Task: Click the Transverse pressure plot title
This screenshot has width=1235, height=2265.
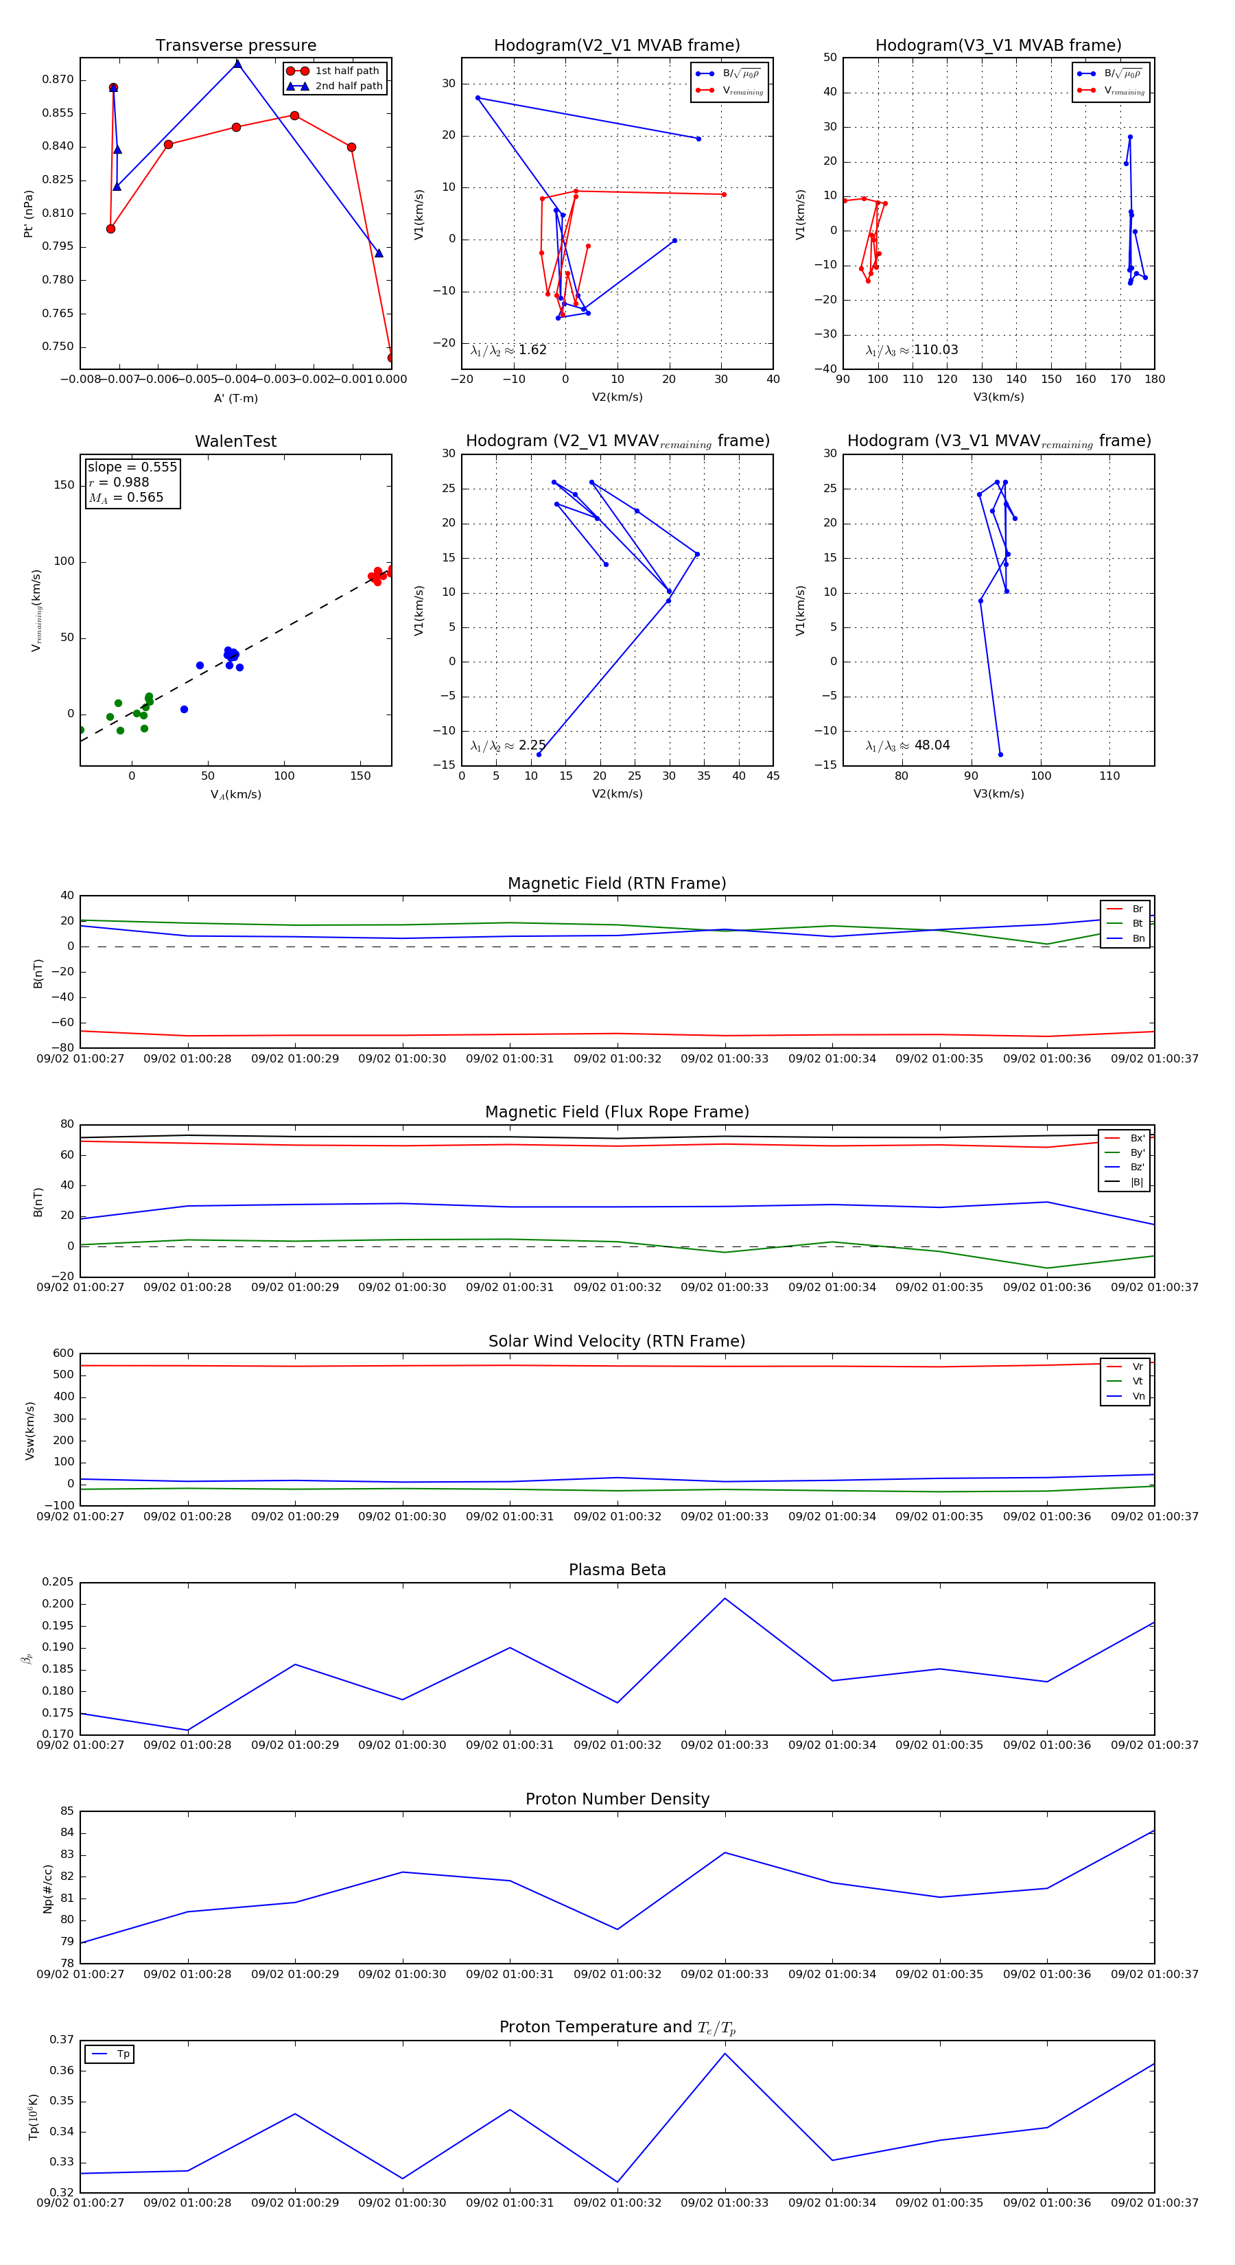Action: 235,46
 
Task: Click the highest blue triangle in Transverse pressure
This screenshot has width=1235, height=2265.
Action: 237,63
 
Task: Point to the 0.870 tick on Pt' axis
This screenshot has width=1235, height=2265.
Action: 58,80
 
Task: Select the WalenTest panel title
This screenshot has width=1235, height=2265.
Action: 235,441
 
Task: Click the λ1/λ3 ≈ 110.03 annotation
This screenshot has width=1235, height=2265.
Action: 912,350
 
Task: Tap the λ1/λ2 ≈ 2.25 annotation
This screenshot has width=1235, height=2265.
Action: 508,745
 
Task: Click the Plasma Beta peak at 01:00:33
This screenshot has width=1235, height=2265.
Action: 725,1599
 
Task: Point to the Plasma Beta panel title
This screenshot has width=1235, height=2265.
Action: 617,1570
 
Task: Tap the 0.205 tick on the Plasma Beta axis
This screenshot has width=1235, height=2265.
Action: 58,1583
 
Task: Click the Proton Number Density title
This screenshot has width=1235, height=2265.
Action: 617,1799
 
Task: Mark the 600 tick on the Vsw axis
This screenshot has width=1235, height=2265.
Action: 63,1354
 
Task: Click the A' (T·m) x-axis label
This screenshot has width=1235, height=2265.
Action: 235,398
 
